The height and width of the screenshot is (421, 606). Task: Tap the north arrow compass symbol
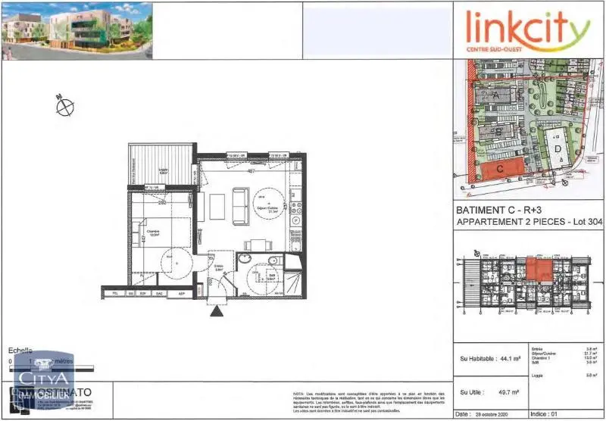point(63,107)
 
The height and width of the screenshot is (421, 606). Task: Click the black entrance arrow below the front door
point(217,310)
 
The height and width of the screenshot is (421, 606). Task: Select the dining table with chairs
point(258,244)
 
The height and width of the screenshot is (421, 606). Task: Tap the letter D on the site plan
point(558,149)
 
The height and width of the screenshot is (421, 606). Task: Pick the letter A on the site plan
point(496,97)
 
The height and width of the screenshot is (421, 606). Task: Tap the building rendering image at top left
point(76,30)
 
